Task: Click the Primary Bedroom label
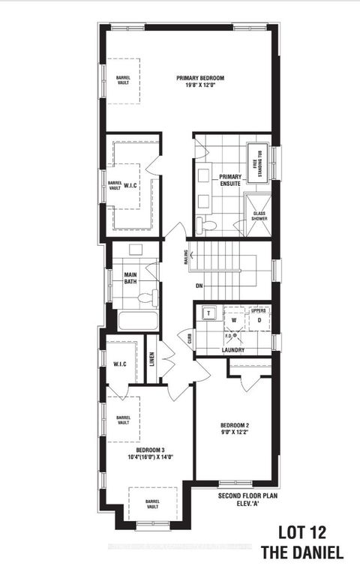(x=200, y=77)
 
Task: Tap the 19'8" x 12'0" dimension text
(x=200, y=85)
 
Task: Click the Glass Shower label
(x=259, y=216)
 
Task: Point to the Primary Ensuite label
(x=230, y=180)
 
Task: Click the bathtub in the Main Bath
(x=138, y=322)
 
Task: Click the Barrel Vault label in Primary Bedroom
(x=122, y=79)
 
